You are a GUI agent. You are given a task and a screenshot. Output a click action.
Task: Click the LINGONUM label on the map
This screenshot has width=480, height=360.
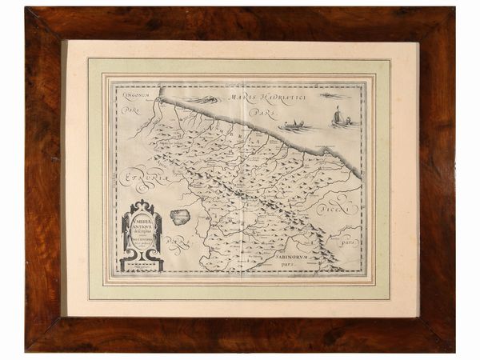(137, 95)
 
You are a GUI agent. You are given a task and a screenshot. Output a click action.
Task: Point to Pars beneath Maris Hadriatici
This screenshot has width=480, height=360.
(256, 114)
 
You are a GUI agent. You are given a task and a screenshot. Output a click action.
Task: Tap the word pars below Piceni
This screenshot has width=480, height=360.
(347, 239)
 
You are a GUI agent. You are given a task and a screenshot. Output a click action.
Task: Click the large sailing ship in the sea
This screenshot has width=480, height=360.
(340, 119)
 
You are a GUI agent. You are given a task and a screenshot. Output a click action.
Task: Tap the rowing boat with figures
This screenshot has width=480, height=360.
(295, 126)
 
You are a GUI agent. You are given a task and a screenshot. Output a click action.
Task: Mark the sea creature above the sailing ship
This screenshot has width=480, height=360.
(335, 96)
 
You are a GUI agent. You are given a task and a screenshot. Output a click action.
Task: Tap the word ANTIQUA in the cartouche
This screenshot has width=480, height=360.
(142, 224)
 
